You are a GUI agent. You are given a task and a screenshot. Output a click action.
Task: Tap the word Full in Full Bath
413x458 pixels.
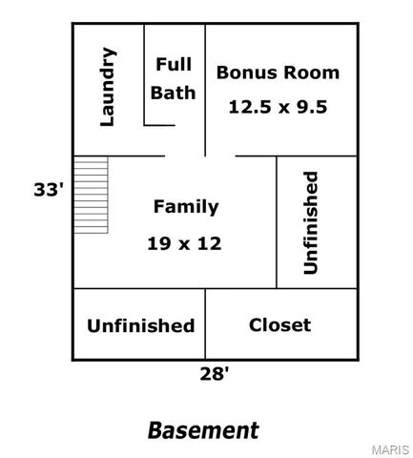click(x=174, y=65)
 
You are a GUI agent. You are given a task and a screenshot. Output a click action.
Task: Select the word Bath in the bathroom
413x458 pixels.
click(x=174, y=93)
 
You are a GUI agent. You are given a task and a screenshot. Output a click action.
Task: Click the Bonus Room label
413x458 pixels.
click(x=278, y=72)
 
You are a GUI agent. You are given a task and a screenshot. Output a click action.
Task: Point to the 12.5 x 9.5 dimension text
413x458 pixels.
click(x=278, y=107)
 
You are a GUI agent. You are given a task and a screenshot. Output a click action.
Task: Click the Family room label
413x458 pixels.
click(x=186, y=206)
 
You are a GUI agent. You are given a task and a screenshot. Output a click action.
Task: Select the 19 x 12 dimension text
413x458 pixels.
click(x=184, y=243)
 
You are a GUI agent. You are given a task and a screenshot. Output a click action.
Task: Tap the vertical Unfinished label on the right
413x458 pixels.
click(x=310, y=222)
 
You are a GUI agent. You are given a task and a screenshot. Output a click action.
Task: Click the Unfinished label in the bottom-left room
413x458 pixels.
click(x=140, y=325)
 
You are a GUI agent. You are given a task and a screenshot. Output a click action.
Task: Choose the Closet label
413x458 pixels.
click(x=279, y=324)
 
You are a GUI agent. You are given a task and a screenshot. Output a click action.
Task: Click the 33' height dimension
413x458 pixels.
click(x=48, y=190)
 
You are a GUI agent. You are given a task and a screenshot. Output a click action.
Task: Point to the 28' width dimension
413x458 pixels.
click(x=215, y=374)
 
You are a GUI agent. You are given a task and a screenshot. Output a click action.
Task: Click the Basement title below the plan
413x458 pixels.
click(x=203, y=430)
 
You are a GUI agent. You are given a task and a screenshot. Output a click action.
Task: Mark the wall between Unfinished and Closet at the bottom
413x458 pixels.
click(x=205, y=324)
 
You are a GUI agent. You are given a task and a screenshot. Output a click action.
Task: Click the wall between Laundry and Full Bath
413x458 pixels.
click(x=144, y=74)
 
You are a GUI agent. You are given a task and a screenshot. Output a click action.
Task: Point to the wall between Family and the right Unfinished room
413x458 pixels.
click(x=277, y=221)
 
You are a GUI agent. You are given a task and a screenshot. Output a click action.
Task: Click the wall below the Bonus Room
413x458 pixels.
click(x=286, y=156)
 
